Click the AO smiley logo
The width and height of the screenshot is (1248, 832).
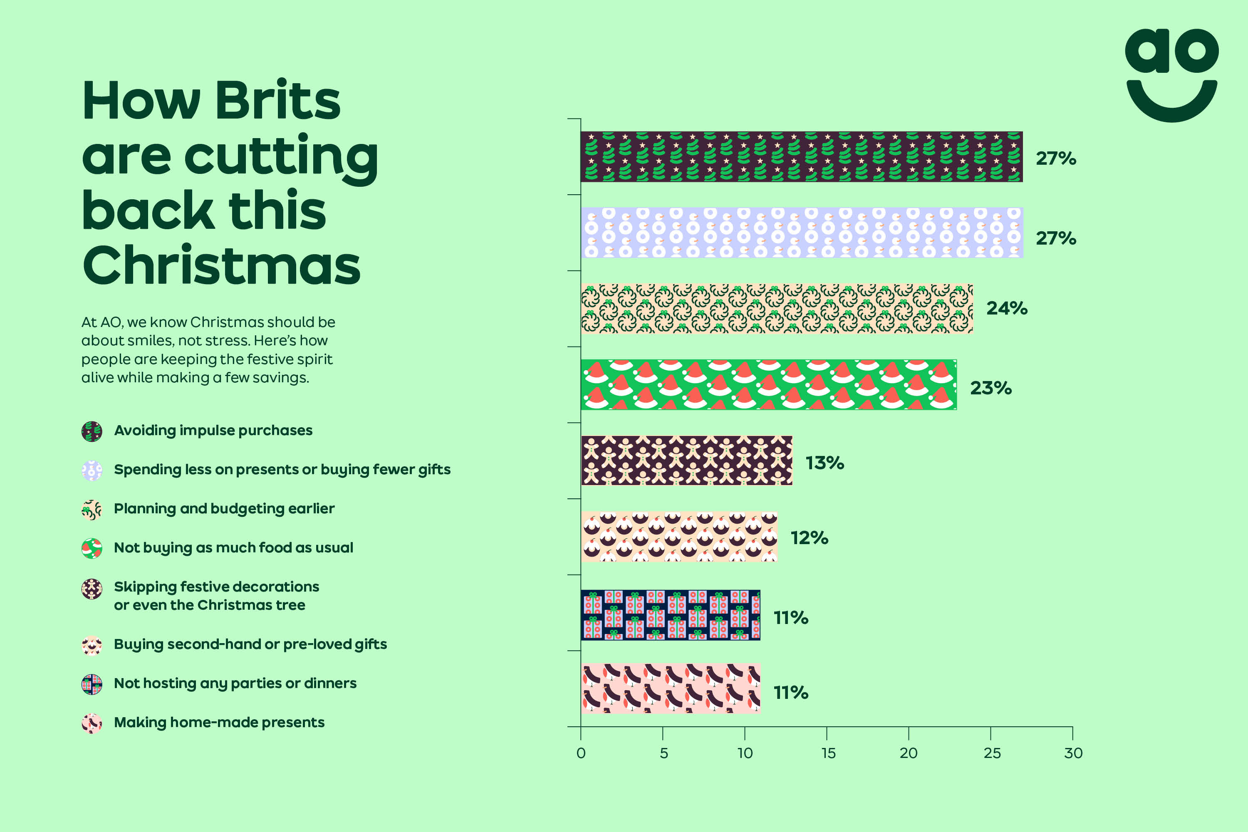(x=1171, y=75)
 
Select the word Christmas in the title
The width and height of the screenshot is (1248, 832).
(x=221, y=266)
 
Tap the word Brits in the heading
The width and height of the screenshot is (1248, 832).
(x=277, y=101)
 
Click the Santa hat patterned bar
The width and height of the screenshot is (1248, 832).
(x=768, y=385)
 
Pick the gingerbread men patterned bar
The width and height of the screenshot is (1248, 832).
(x=687, y=460)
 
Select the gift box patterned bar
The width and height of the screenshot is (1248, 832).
(x=670, y=615)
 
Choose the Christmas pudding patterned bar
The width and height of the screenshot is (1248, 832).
(x=679, y=537)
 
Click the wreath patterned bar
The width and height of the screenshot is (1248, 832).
(x=777, y=308)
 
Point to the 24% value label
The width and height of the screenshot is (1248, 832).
(x=1007, y=308)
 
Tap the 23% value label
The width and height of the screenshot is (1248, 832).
(x=990, y=388)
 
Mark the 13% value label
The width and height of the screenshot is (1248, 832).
(x=825, y=463)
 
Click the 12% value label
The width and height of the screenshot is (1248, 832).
(x=809, y=538)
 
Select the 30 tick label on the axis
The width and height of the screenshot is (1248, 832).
(x=1073, y=753)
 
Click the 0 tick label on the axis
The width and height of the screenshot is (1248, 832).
(x=581, y=753)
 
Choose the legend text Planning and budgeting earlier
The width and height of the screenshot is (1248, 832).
(x=224, y=509)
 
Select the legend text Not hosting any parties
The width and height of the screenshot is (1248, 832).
(x=235, y=683)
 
